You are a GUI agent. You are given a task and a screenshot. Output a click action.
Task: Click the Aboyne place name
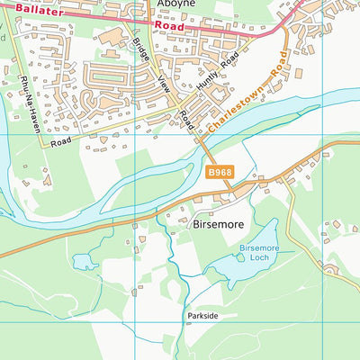coord(177,4)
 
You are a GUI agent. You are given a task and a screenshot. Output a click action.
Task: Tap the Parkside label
coord(202,316)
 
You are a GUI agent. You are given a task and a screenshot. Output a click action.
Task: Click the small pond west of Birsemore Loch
coord(85,261)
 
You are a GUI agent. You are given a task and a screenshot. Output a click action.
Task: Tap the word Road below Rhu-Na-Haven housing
coord(60,141)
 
